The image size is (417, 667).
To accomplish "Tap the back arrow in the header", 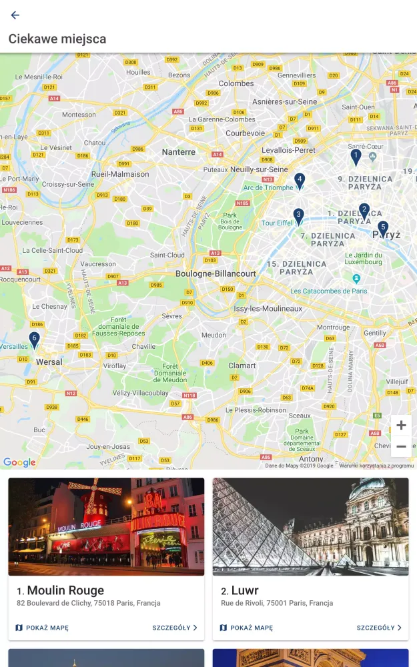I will click(15, 15).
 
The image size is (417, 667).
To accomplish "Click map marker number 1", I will click(356, 157).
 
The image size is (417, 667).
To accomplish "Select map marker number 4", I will click(300, 180).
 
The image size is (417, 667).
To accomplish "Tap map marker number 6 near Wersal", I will click(35, 340).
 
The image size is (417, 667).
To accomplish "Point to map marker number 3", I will click(299, 215).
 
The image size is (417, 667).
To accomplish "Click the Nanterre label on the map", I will click(179, 152).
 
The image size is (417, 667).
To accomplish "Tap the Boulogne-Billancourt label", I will click(216, 273).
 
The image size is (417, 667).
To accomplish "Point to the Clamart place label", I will click(242, 366).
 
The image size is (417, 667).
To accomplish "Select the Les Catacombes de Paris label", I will click(329, 291).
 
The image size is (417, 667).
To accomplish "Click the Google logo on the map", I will click(19, 462).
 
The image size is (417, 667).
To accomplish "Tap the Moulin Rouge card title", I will click(65, 590).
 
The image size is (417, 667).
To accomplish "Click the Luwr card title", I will click(245, 590).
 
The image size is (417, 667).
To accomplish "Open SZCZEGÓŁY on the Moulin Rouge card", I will click(175, 628).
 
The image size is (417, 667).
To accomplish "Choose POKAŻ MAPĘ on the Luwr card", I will click(246, 628).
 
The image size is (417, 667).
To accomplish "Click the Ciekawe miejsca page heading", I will click(57, 39).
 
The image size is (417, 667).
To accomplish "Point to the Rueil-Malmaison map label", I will click(120, 174).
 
